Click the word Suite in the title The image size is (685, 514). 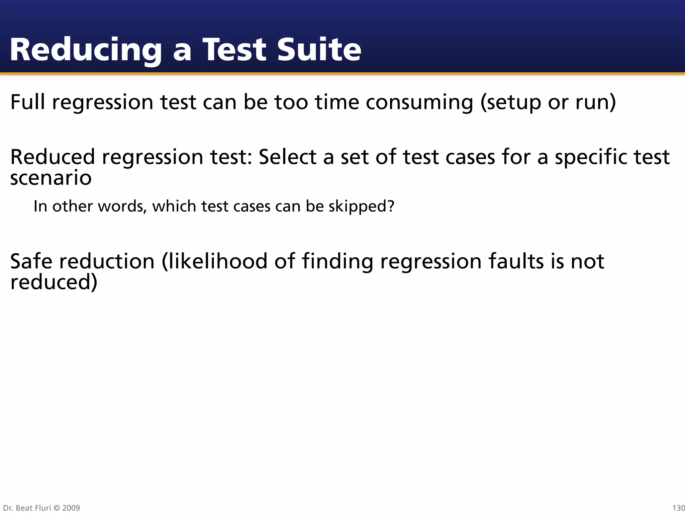[x=319, y=50]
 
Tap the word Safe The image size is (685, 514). [x=31, y=261]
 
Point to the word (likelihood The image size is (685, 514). [x=214, y=261]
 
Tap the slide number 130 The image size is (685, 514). [x=678, y=508]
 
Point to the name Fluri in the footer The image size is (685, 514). [x=43, y=508]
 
